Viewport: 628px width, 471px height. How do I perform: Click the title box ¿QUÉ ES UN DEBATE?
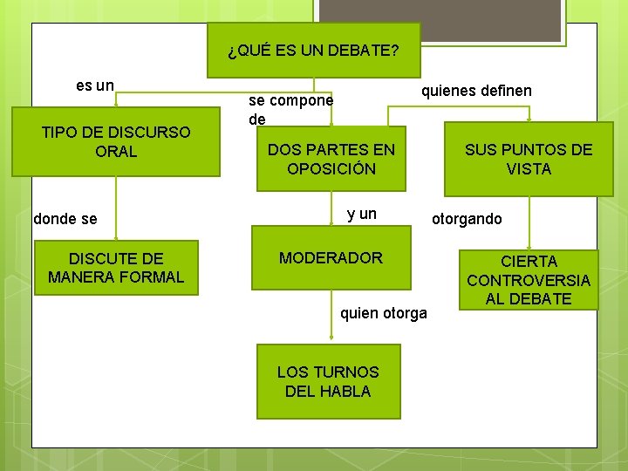(314, 51)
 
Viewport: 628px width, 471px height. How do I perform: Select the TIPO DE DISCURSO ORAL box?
(116, 141)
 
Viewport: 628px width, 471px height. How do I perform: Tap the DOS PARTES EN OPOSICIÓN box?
(331, 159)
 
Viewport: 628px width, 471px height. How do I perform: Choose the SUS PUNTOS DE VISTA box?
(528, 159)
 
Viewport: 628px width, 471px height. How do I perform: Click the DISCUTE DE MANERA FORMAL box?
(116, 267)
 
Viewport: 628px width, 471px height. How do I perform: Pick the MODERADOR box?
(331, 258)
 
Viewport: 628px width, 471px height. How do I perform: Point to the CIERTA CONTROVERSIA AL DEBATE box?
(529, 280)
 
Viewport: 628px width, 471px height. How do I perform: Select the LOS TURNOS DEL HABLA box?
(328, 381)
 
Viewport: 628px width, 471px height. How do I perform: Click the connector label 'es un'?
(95, 85)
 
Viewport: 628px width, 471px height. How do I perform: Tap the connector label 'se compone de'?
(290, 109)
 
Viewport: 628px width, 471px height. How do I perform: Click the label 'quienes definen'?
(476, 91)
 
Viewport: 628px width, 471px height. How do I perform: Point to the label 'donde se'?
(65, 219)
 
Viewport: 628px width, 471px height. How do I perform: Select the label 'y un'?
(362, 214)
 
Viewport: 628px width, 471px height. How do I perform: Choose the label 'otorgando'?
(467, 219)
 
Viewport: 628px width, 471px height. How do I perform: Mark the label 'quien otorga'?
(384, 312)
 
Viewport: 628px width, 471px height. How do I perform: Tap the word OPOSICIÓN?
(331, 168)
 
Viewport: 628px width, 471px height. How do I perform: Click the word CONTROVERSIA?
(529, 280)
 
